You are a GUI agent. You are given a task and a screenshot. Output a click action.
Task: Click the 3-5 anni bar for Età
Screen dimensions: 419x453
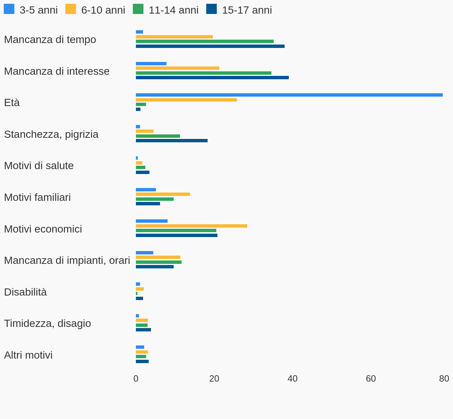click(289, 95)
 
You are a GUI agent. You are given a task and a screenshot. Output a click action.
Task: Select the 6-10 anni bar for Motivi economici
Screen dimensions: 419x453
click(191, 226)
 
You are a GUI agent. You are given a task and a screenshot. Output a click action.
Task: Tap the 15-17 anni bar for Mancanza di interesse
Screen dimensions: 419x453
click(212, 78)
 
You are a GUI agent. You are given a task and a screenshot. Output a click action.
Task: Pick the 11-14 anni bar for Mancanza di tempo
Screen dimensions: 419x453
click(205, 42)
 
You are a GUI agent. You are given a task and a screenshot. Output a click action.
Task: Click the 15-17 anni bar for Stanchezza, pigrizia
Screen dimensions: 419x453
click(172, 141)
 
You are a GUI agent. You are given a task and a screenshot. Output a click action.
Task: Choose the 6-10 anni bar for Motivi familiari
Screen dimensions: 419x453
click(163, 194)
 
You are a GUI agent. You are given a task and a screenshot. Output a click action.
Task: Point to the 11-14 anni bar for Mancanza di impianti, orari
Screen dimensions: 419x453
click(159, 262)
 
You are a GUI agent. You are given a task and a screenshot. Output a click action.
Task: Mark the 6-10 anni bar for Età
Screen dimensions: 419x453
click(186, 100)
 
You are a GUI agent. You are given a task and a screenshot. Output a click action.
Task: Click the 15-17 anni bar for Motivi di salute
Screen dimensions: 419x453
click(143, 173)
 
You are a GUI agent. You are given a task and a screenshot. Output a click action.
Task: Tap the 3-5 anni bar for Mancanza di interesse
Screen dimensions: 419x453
click(151, 64)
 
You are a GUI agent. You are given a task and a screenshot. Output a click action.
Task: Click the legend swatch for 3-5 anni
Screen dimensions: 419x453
click(9, 9)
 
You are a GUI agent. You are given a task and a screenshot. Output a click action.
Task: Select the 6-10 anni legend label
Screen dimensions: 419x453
click(103, 10)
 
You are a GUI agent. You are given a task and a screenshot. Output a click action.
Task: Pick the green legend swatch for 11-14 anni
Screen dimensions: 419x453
click(138, 9)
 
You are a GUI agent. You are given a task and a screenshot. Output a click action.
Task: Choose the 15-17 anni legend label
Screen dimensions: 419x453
click(247, 10)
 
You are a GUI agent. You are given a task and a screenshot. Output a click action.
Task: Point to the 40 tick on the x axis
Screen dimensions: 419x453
click(293, 379)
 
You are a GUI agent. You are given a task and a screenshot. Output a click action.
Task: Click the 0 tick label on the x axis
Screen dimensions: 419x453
click(136, 379)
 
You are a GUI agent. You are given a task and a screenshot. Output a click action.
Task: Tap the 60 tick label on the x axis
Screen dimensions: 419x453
click(371, 379)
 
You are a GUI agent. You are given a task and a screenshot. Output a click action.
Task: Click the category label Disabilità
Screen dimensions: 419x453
click(25, 292)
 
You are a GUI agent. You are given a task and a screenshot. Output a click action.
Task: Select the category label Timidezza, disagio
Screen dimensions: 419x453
click(48, 323)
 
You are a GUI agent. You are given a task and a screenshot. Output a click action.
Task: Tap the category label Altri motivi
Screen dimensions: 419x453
click(28, 355)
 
